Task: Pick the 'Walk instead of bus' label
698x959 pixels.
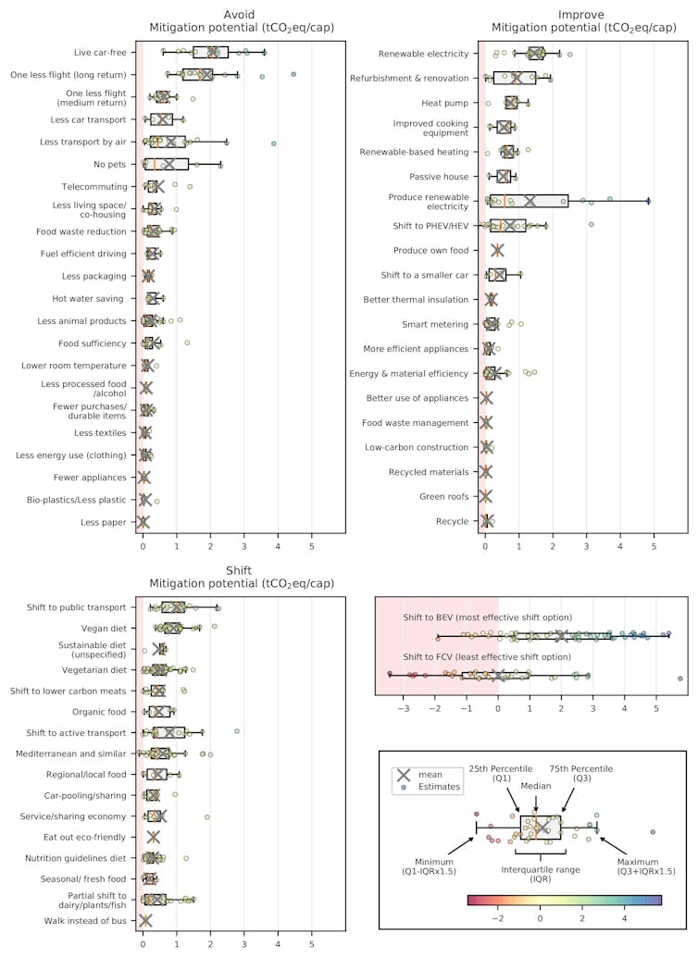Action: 85,921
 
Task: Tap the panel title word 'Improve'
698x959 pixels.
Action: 583,15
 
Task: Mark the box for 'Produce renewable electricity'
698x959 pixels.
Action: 529,201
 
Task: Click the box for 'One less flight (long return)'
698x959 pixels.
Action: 197,74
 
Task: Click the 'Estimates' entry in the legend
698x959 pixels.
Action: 439,787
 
